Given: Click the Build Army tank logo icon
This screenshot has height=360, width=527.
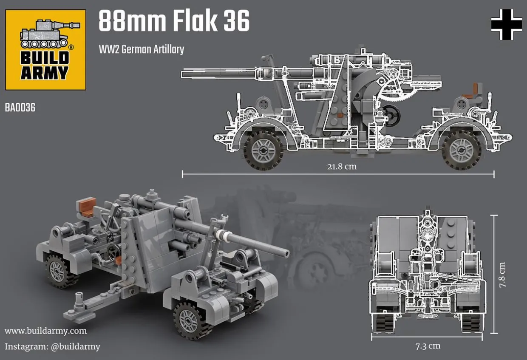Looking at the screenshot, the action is click(x=50, y=34).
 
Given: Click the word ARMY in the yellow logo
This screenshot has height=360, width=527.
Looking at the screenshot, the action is click(x=45, y=73).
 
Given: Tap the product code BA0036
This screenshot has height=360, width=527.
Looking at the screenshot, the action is click(x=20, y=108).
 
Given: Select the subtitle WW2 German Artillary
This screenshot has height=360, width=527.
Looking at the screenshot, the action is click(x=142, y=49).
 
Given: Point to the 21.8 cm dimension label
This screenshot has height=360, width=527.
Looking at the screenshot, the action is click(x=342, y=166).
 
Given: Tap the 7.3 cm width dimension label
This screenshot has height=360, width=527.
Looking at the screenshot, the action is click(x=428, y=346).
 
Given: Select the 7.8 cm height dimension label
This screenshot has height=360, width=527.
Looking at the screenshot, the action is click(x=502, y=275).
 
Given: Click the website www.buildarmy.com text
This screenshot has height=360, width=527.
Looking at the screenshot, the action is click(x=45, y=331).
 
